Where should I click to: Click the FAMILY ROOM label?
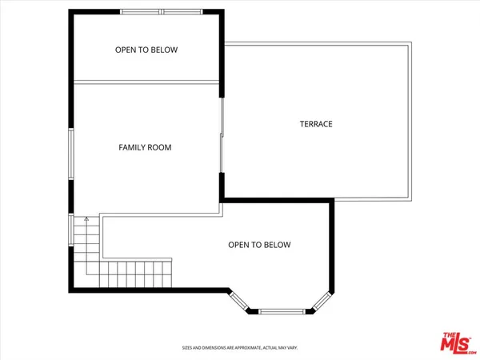145,147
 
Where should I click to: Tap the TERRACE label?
316,124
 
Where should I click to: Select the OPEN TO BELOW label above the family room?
146,50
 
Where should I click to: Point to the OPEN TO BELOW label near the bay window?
259,245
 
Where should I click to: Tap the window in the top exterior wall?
163,11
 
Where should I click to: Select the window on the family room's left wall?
71,155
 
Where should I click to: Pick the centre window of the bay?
282,310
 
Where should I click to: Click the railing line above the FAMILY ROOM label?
146,81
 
